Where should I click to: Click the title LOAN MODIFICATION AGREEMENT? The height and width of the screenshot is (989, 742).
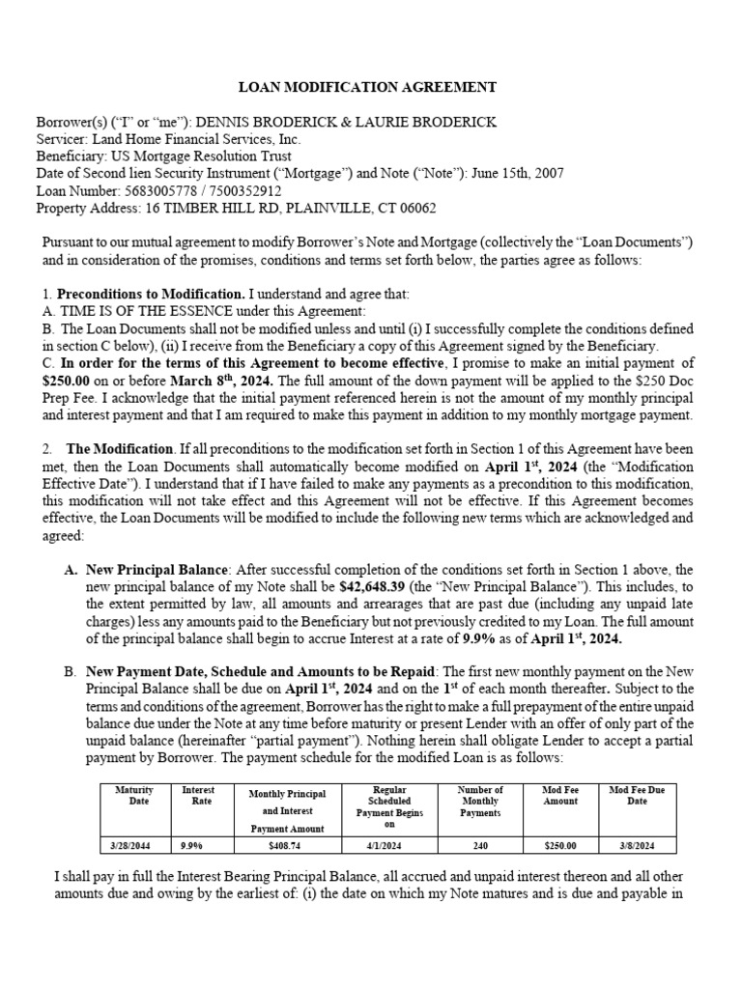(x=371, y=87)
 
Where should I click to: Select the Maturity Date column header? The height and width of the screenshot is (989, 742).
(x=134, y=796)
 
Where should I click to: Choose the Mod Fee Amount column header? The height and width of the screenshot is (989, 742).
(x=560, y=796)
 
